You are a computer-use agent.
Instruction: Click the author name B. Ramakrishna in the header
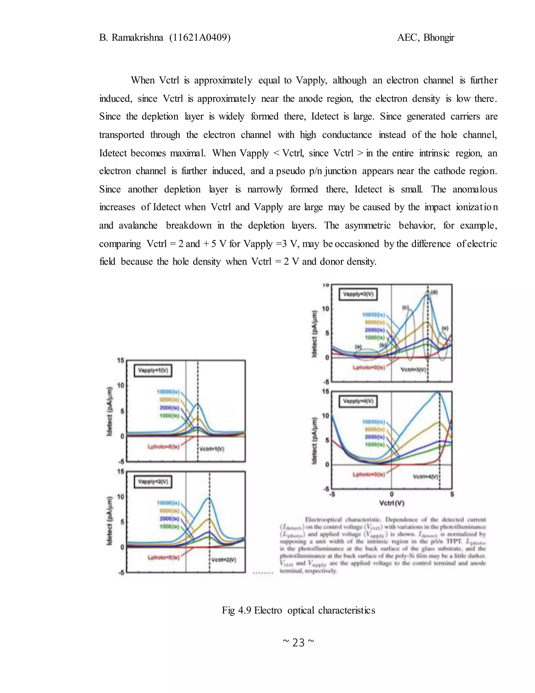(x=131, y=38)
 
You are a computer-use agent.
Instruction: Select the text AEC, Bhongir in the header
(x=425, y=38)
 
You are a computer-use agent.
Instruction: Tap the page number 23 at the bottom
(x=298, y=643)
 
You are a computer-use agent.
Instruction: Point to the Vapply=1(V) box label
(x=153, y=371)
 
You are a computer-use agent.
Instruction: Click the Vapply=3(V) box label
(x=358, y=294)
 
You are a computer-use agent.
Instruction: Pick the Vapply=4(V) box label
(x=358, y=401)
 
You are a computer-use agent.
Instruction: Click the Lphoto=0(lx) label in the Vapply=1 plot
(x=164, y=447)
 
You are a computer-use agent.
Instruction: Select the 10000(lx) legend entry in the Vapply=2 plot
(x=168, y=503)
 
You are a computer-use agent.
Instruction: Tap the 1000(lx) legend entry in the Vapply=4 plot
(x=375, y=445)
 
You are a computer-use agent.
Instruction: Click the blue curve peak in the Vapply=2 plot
(x=208, y=498)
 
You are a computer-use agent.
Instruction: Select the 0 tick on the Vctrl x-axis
(x=392, y=494)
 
